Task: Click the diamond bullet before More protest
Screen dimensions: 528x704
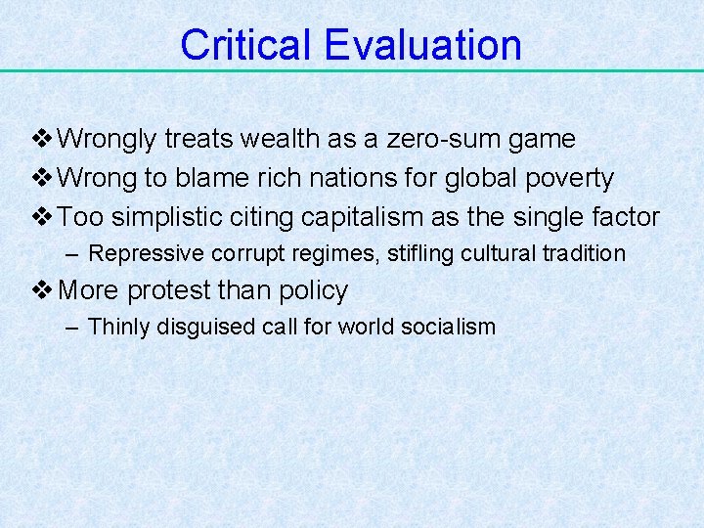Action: (44, 290)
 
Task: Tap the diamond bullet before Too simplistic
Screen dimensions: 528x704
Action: (44, 217)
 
